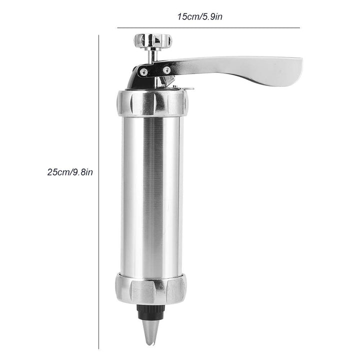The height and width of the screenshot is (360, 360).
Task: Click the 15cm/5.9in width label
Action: [x=200, y=16]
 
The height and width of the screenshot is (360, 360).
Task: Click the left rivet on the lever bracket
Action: [x=144, y=71]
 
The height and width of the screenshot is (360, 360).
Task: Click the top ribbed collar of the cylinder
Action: [x=152, y=102]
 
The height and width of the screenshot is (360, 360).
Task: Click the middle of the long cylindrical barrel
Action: [x=152, y=195]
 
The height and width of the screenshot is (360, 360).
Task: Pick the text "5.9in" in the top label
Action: [x=212, y=16]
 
